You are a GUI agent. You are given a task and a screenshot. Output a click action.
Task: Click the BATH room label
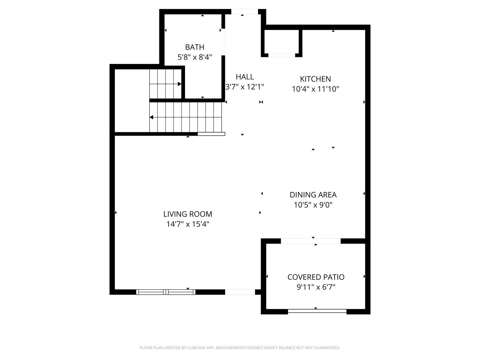pos(195,47)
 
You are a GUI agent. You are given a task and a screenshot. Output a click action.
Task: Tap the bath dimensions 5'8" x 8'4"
pos(195,57)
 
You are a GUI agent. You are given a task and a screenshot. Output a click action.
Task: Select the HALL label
pos(245,77)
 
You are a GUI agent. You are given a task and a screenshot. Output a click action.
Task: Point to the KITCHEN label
pos(315,79)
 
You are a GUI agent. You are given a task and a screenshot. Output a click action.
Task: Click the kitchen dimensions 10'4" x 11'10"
pos(315,89)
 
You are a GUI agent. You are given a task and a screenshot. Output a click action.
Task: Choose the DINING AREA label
pos(313,195)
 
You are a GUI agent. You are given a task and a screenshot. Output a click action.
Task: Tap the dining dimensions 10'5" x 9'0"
pos(313,205)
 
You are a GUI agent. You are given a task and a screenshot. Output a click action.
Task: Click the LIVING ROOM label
pos(188,214)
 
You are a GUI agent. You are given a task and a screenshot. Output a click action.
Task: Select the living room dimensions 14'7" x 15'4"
pos(188,224)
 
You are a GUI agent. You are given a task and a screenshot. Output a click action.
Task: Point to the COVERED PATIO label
pos(316,277)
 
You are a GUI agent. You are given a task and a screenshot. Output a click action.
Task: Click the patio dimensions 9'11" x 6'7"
pos(316,287)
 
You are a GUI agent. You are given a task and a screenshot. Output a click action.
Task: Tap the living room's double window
pos(166,292)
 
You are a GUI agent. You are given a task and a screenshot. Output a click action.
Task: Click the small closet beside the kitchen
pos(282,42)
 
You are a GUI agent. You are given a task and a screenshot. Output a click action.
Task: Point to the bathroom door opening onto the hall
pos(223,42)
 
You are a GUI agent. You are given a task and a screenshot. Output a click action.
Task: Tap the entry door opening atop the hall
pos(245,12)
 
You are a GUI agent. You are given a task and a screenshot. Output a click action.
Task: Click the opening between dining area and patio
pos(311,241)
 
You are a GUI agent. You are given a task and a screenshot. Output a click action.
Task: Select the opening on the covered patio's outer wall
pos(317,311)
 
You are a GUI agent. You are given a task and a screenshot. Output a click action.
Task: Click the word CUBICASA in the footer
pos(197,348)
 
